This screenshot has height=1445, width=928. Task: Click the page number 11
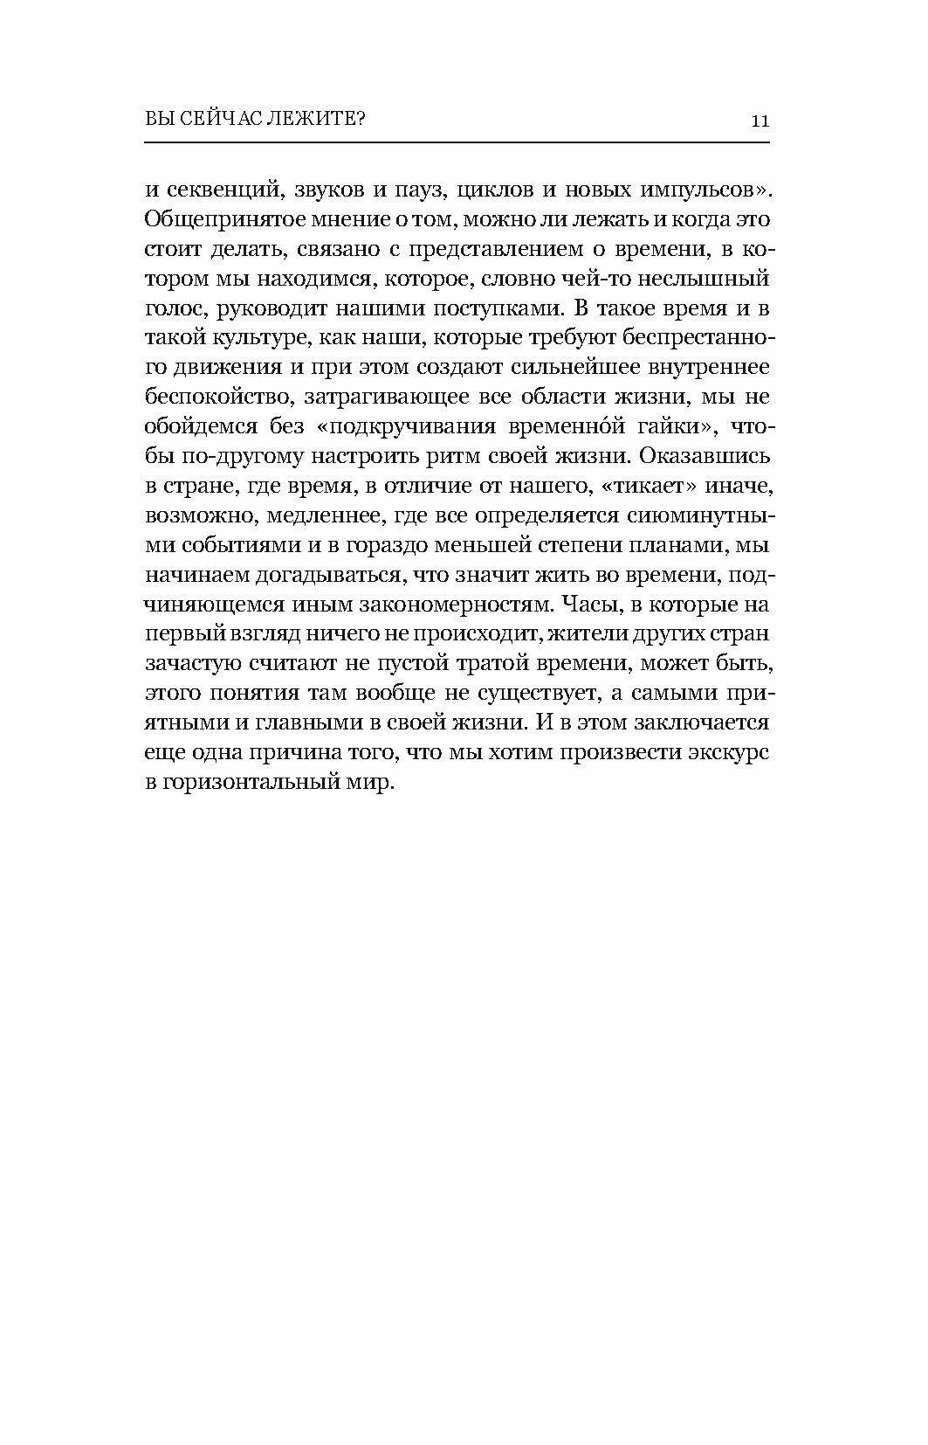[x=759, y=121]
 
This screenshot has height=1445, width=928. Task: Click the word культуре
[x=260, y=338]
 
